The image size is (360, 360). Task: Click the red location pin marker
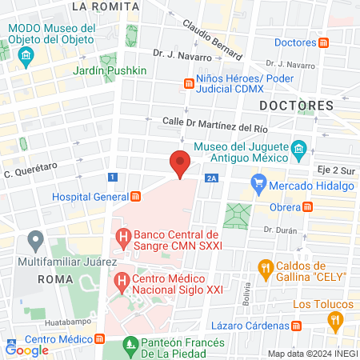pos(180,162)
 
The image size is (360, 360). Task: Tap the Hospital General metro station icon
pos(136,196)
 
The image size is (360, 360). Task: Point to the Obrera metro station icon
pos(308,206)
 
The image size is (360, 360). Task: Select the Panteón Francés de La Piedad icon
pos(131,346)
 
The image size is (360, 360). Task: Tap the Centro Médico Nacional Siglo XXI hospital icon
pos(122,282)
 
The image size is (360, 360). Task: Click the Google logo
pos(27,350)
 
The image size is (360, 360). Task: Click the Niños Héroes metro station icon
pos(189,83)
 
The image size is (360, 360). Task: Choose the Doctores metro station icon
pos(323,42)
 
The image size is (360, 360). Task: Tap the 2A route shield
pos(211,178)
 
